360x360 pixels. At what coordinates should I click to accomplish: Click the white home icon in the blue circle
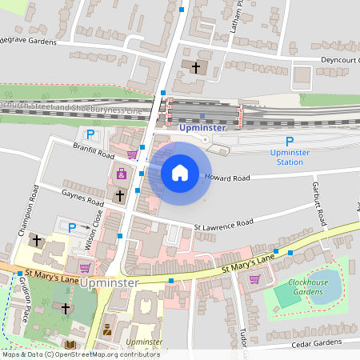180,173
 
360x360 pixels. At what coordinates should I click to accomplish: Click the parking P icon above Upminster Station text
290,140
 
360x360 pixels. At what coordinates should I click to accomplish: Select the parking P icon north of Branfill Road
90,135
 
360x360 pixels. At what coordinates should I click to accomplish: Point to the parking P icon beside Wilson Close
72,227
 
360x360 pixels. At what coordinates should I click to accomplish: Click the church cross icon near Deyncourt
196,67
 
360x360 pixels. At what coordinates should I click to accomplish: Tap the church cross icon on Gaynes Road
120,194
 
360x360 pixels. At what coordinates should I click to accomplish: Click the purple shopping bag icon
121,174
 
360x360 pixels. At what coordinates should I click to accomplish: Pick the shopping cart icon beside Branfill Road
131,154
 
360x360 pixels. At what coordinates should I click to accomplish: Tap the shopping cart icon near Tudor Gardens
254,279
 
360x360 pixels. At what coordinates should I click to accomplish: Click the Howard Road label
228,177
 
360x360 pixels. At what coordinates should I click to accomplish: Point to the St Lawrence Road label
224,223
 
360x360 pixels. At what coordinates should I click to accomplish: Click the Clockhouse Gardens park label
307,286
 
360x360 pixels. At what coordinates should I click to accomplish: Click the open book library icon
70,345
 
